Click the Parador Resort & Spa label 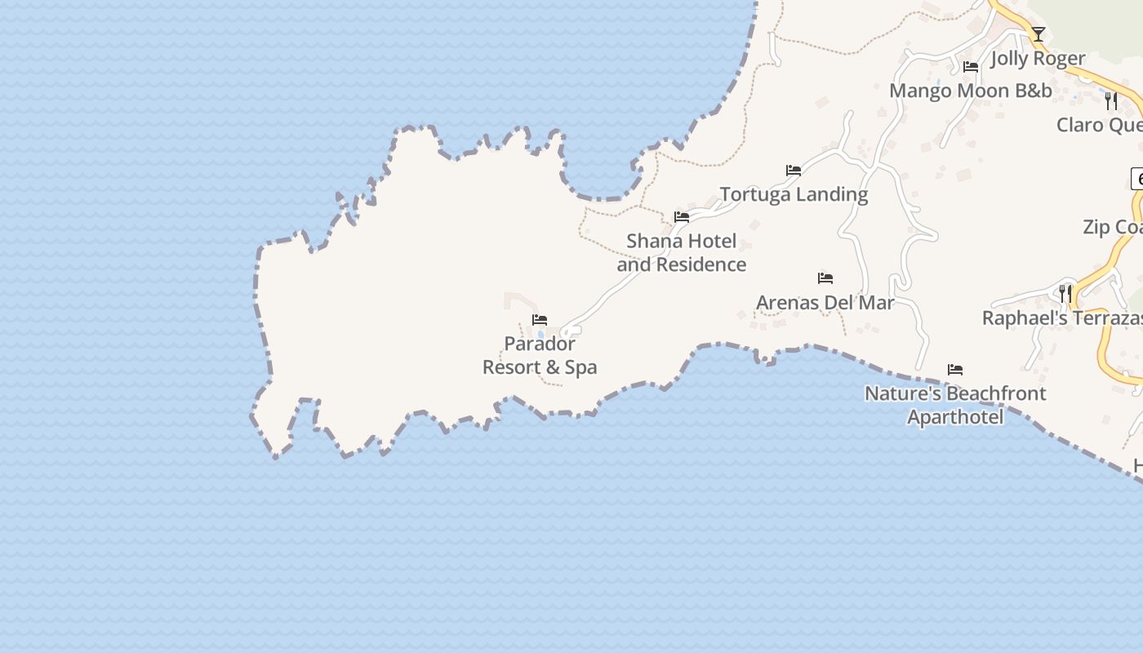tap(540, 356)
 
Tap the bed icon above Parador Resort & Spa tap(539, 320)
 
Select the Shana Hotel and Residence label tap(682, 252)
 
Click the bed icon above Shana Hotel tap(682, 217)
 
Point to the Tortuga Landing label tap(794, 194)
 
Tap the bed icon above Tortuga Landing tap(794, 171)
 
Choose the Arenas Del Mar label tap(825, 303)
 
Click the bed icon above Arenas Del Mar tap(825, 278)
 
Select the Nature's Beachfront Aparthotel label tap(955, 405)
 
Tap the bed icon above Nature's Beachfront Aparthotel tap(955, 370)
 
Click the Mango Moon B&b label tap(971, 91)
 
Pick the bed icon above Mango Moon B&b tap(971, 67)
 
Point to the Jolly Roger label tap(1038, 59)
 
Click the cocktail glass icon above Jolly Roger tap(1038, 34)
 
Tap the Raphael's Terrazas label tap(1061, 318)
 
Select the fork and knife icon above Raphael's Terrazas tap(1065, 293)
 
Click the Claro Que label tap(1099, 125)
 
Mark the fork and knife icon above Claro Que tap(1110, 100)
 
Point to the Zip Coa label tap(1112, 227)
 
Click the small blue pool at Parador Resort tap(540, 335)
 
